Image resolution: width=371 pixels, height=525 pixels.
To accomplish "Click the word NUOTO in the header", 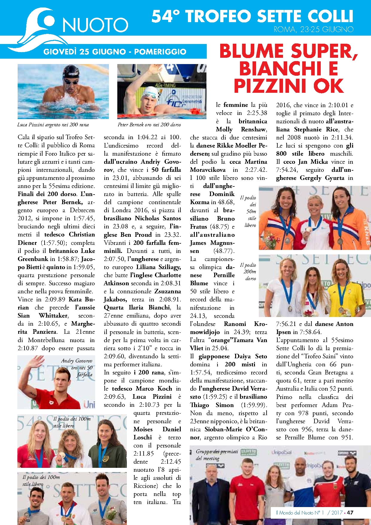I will click(x=95, y=25).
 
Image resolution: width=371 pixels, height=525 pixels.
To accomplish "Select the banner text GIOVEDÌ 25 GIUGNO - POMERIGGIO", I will click(x=115, y=51).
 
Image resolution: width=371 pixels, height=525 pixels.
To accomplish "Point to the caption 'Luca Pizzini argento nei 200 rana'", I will click(x=53, y=125).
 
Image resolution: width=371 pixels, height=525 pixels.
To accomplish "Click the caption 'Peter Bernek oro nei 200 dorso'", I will click(x=149, y=125).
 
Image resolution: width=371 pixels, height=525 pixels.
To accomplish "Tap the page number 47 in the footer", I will click(x=350, y=512).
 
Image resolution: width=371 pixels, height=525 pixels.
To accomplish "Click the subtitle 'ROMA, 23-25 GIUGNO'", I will click(x=314, y=29).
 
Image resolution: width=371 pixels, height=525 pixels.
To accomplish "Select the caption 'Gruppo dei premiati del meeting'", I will click(x=217, y=455).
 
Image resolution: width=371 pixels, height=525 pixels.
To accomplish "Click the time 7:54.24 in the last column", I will click(x=287, y=170).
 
